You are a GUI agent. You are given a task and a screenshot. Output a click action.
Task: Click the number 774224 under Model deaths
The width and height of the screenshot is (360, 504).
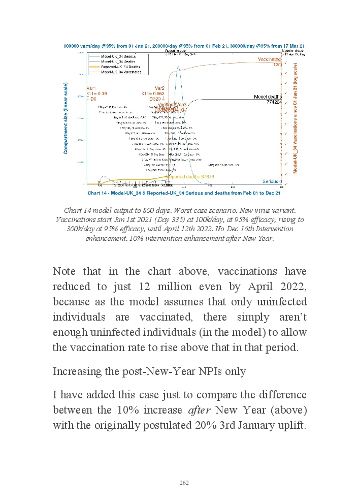[x=272, y=102]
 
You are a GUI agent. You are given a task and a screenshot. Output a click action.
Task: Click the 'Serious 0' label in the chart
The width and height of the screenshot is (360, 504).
[x=272, y=181]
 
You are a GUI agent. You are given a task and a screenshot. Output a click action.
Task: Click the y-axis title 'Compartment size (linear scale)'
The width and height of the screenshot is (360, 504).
[x=66, y=119]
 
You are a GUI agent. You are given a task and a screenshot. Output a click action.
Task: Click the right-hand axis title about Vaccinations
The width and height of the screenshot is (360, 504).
[x=295, y=116]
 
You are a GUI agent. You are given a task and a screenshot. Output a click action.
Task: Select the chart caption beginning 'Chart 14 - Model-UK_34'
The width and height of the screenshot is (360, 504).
[x=184, y=193]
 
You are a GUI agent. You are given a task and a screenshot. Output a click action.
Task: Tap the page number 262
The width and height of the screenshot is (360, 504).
[x=184, y=483]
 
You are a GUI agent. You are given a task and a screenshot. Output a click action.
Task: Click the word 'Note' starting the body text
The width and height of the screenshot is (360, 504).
[x=64, y=272]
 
